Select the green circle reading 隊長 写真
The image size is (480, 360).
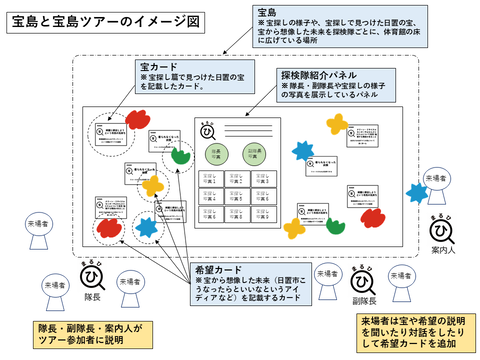point(214,153)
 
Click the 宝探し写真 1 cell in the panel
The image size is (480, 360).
point(213,175)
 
